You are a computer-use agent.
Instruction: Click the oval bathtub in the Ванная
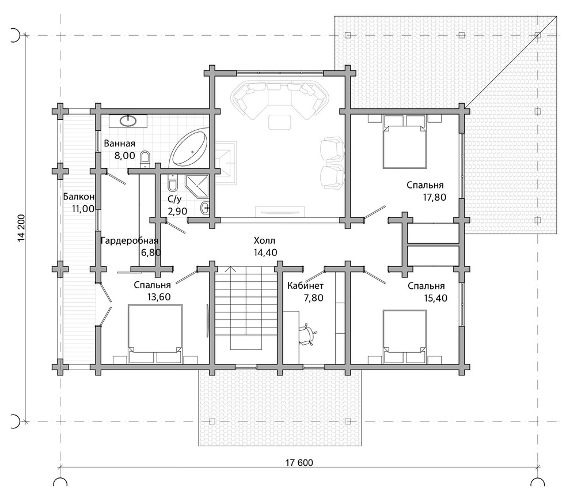click(190, 149)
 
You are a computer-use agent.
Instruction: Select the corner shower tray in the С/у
click(197, 186)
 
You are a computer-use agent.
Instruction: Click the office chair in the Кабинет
click(307, 334)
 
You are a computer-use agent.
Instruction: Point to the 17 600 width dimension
click(299, 463)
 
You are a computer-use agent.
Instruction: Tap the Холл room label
click(264, 240)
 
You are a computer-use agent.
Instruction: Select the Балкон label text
click(79, 197)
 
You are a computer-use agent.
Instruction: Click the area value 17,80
click(434, 197)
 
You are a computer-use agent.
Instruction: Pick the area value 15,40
click(435, 298)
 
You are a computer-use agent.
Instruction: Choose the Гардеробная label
click(130, 240)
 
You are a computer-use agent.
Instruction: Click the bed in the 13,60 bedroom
click(155, 333)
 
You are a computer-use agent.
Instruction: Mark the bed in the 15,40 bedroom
click(405, 337)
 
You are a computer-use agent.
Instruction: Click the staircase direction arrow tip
click(230, 268)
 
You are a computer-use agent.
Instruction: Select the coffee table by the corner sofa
click(280, 122)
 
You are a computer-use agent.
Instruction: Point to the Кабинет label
click(305, 286)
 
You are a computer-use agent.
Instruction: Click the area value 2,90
click(177, 211)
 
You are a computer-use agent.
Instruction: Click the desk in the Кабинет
click(291, 337)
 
